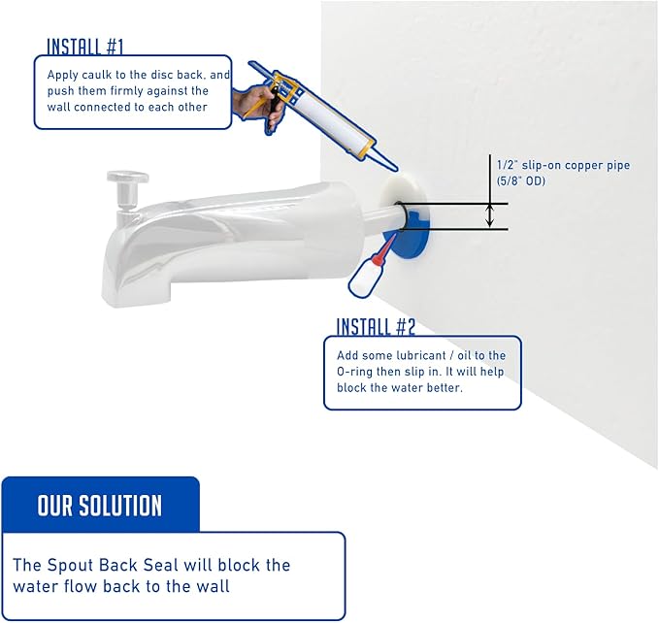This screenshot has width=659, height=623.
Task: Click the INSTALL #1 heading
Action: click(84, 47)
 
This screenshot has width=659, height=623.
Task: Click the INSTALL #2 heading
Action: click(376, 326)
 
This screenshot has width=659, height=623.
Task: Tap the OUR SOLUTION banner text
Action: click(100, 505)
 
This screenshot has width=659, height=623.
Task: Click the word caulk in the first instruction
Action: click(97, 75)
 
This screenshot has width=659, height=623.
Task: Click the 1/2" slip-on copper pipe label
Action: click(563, 165)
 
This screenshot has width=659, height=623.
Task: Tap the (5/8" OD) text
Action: click(521, 181)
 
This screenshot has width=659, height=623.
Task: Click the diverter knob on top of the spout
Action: click(127, 178)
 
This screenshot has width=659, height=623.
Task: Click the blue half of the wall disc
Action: click(410, 239)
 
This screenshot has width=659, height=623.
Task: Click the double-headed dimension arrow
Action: click(489, 215)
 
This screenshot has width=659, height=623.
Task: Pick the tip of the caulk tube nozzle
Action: click(395, 170)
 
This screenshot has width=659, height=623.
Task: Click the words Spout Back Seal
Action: click(113, 565)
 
